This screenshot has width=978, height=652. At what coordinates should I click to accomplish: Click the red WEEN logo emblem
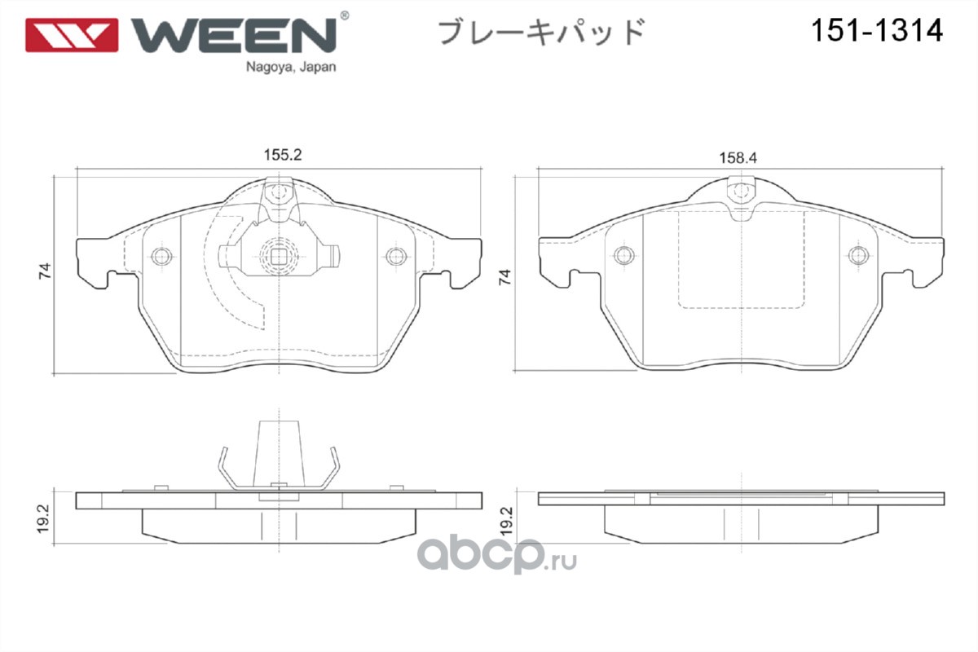72,35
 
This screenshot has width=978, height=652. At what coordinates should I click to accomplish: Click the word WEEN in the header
234,35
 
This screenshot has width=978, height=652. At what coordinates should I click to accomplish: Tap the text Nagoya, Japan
291,68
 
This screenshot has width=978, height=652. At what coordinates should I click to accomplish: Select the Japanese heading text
541,33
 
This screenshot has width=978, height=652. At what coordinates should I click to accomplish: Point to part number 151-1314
877,31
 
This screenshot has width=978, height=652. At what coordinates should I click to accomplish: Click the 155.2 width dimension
283,155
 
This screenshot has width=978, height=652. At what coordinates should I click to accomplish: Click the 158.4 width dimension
738,157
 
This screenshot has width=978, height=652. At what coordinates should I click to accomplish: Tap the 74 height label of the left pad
45,271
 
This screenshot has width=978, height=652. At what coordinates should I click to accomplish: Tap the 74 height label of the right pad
504,277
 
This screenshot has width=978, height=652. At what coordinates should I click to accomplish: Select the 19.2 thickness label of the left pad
44,519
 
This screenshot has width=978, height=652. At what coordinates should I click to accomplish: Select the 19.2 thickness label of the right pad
506,522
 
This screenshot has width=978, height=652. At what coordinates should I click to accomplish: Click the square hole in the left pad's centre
279,257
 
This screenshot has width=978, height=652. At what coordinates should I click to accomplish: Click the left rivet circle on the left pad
161,256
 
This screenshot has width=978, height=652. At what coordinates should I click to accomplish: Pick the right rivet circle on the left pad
396,256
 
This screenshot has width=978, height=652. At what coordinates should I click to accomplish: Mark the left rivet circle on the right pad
624,255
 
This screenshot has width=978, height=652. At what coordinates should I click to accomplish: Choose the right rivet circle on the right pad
858,255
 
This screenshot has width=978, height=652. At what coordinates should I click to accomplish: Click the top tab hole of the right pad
742,191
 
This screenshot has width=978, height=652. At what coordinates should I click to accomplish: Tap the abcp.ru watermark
497,555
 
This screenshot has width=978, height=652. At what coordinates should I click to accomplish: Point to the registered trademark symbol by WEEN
344,15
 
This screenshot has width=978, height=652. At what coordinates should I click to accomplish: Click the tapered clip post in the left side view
279,454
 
